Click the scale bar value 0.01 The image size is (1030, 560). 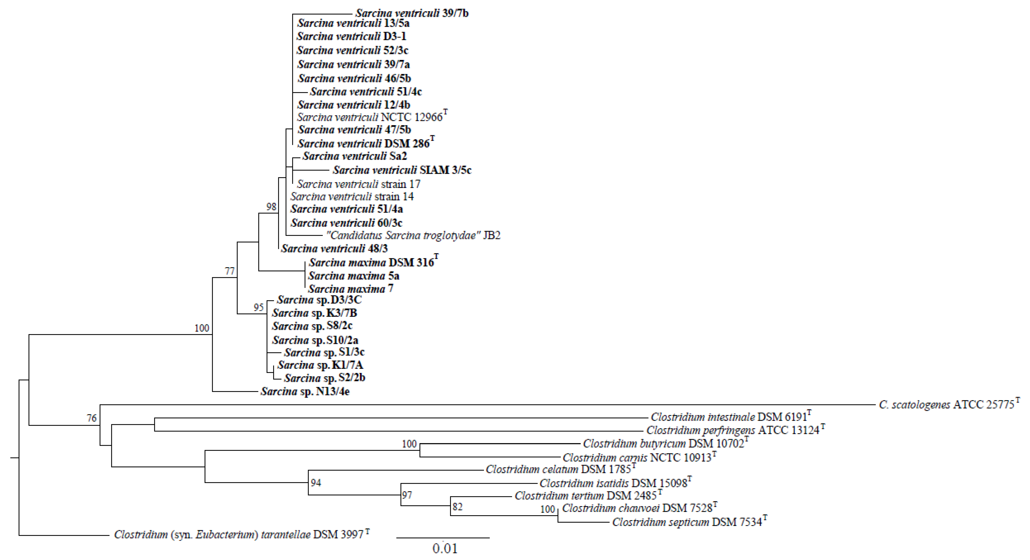click(x=445, y=548)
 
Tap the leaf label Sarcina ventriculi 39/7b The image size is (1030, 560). click(x=412, y=14)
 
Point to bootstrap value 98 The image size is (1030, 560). click(x=272, y=207)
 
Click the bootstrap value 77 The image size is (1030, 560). click(x=229, y=271)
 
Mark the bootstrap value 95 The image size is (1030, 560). click(x=259, y=307)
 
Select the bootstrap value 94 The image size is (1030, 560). click(x=316, y=483)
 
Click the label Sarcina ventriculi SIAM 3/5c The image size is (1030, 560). click(x=402, y=170)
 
